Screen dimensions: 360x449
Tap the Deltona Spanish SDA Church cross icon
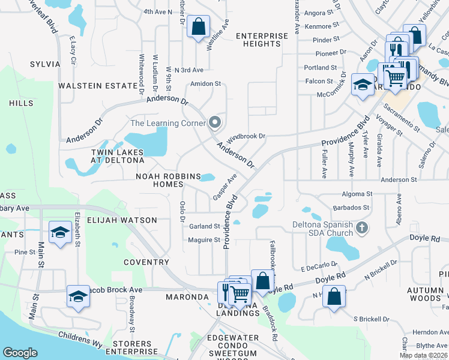(361, 227)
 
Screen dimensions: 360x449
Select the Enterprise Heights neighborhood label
(262, 40)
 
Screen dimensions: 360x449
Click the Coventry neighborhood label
(146, 262)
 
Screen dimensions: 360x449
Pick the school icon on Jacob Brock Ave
(78, 296)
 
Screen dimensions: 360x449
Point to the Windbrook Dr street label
(246, 136)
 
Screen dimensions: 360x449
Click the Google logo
(20, 353)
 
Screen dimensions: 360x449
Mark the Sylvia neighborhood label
(44, 64)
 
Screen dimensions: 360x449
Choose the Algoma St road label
(357, 194)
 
